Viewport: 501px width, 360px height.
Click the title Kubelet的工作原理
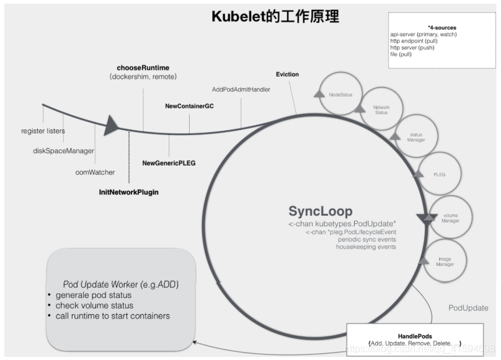click(275, 16)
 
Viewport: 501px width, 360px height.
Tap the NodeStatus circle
click(340, 95)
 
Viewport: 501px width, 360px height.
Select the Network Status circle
click(381, 110)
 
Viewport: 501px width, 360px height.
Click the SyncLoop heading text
click(321, 211)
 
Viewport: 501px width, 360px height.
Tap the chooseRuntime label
click(143, 68)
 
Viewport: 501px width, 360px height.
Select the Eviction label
click(287, 74)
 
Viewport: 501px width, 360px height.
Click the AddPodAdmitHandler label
click(241, 89)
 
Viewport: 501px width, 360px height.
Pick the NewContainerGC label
click(189, 107)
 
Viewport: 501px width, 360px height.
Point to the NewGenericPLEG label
click(169, 163)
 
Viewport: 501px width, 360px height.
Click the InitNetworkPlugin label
click(128, 192)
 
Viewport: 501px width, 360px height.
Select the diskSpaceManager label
click(64, 151)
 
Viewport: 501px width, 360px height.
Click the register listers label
click(43, 131)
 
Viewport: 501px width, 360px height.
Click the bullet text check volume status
click(94, 305)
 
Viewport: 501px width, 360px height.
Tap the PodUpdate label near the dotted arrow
click(468, 308)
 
